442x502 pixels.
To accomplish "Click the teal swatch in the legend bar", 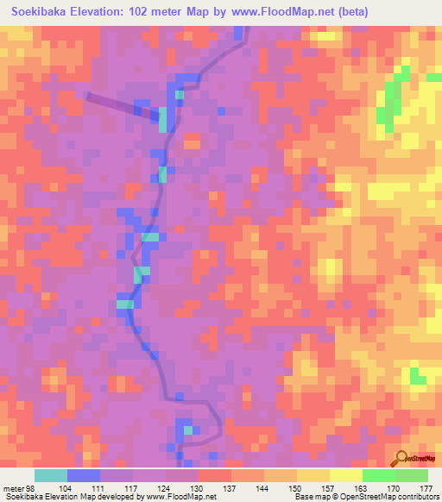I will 51,475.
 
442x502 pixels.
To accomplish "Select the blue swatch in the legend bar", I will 84,475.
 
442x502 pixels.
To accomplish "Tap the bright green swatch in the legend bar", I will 378,475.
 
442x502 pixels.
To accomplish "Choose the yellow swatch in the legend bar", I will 313,475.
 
